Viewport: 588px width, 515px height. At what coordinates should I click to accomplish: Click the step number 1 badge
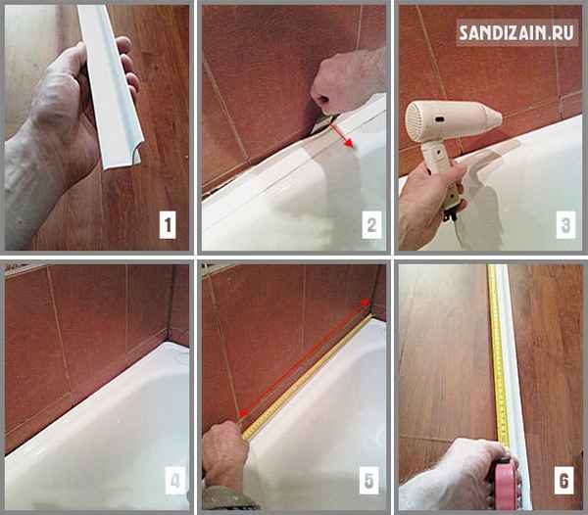click(x=168, y=225)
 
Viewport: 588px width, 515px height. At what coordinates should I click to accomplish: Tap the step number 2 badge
click(x=371, y=225)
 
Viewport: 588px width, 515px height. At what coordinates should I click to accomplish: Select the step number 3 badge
click(x=565, y=225)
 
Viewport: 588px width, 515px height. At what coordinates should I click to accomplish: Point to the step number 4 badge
click(x=175, y=481)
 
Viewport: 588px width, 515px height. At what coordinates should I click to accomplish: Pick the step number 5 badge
click(x=369, y=481)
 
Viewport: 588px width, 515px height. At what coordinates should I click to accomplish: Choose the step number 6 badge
click(x=564, y=481)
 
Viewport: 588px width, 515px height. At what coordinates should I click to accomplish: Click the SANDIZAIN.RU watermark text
click(x=516, y=33)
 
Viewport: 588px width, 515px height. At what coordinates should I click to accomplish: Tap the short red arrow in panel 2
click(x=341, y=136)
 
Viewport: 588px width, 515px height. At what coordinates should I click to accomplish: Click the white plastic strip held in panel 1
click(x=111, y=86)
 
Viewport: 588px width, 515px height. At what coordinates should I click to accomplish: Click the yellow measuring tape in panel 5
click(x=308, y=376)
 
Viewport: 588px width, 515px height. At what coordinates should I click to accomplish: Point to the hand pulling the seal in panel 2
click(x=347, y=80)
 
